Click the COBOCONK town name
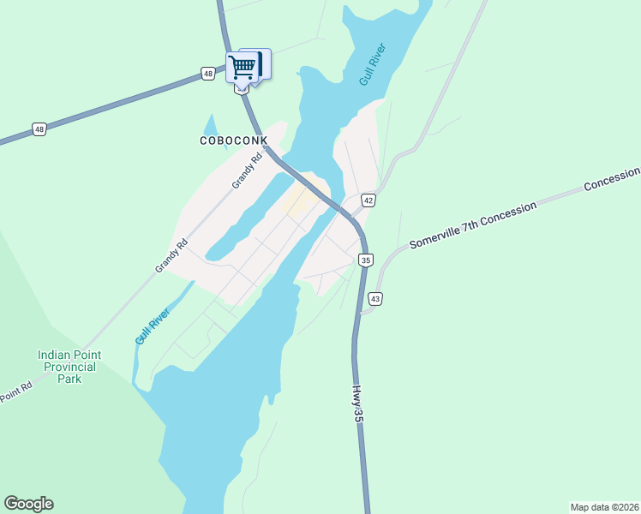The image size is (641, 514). pyautogui.click(x=234, y=140)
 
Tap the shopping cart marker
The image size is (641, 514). pyautogui.click(x=243, y=66)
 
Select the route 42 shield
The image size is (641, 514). pyautogui.click(x=368, y=198)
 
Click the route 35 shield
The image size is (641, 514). pyautogui.click(x=366, y=260)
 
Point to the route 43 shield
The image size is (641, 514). pyautogui.click(x=375, y=298)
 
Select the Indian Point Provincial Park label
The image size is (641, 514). pyautogui.click(x=69, y=367)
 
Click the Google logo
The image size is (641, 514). pyautogui.click(x=28, y=504)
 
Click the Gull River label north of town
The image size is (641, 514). pyautogui.click(x=373, y=62)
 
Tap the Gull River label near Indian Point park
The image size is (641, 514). pyautogui.click(x=153, y=326)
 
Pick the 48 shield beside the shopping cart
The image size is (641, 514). pyautogui.click(x=208, y=74)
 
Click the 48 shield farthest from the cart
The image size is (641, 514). pyautogui.click(x=39, y=129)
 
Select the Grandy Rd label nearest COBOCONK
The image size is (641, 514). pyautogui.click(x=247, y=171)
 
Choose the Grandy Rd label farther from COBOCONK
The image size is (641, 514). pyautogui.click(x=171, y=255)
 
